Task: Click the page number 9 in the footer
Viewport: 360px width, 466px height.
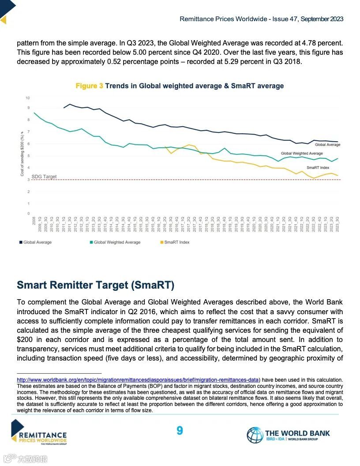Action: [180, 430]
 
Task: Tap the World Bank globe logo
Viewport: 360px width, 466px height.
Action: [255, 435]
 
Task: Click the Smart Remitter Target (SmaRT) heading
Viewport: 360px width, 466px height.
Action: [95, 285]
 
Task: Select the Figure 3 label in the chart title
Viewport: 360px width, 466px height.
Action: [89, 86]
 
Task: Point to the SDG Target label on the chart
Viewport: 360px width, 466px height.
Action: [44, 177]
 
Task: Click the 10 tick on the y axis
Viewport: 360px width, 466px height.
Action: [28, 98]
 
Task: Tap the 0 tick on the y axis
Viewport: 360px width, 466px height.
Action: [28, 214]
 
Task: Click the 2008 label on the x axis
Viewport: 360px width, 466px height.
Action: [34, 221]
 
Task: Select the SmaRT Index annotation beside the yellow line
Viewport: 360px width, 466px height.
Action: [318, 168]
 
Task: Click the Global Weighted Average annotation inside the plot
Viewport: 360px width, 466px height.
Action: [302, 154]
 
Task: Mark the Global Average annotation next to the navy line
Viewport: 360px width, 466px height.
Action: [327, 144]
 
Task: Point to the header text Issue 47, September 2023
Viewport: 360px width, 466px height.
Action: [309, 19]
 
